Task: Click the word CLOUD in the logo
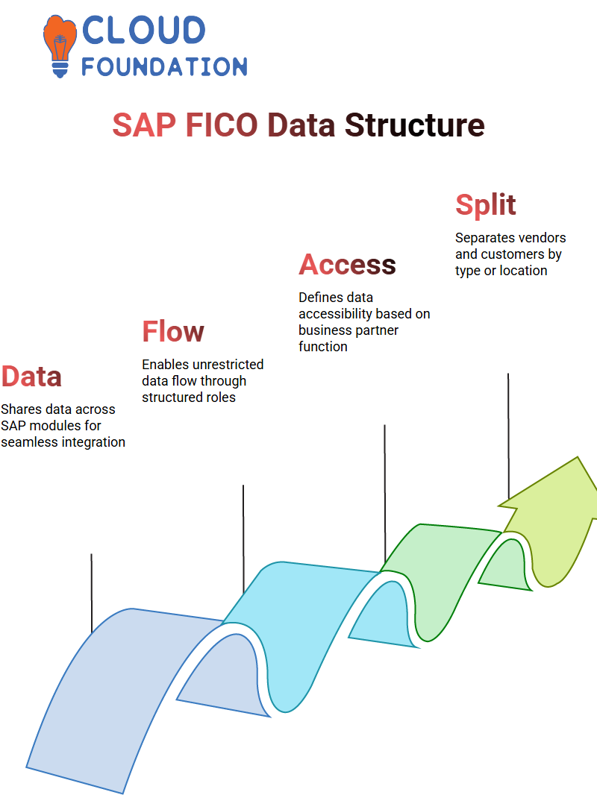[x=143, y=30]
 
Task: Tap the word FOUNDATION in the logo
[x=164, y=66]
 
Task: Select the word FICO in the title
[x=222, y=125]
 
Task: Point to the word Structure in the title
[x=414, y=125]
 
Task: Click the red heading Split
[x=485, y=205]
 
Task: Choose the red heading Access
[x=347, y=264]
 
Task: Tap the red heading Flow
[x=173, y=331]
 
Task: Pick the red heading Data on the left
[x=31, y=376]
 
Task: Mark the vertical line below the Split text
[x=508, y=436]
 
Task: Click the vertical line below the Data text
[x=91, y=593]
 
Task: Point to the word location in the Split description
[x=523, y=271]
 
